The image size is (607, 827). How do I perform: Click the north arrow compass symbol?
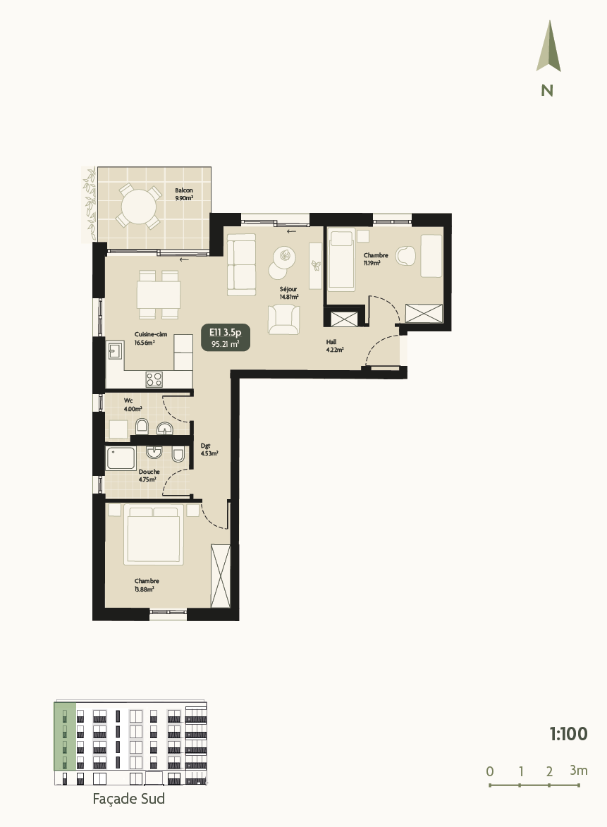[548, 47]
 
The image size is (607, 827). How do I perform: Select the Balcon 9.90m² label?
[184, 195]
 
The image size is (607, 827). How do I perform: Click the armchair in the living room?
[283, 319]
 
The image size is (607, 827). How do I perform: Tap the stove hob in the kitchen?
[155, 379]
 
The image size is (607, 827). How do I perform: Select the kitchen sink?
[116, 350]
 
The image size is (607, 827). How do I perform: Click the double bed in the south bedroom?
[154, 534]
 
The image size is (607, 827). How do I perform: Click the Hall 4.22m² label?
[334, 345]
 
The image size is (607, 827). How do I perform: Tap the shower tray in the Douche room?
[122, 459]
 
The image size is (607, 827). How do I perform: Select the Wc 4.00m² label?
[133, 404]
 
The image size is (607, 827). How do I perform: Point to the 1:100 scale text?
[568, 734]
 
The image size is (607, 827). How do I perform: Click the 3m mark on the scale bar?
[578, 771]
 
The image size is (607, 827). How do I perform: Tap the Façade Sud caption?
[129, 799]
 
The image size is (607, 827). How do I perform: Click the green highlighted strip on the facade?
[65, 737]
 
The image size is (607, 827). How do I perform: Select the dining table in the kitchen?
[159, 291]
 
